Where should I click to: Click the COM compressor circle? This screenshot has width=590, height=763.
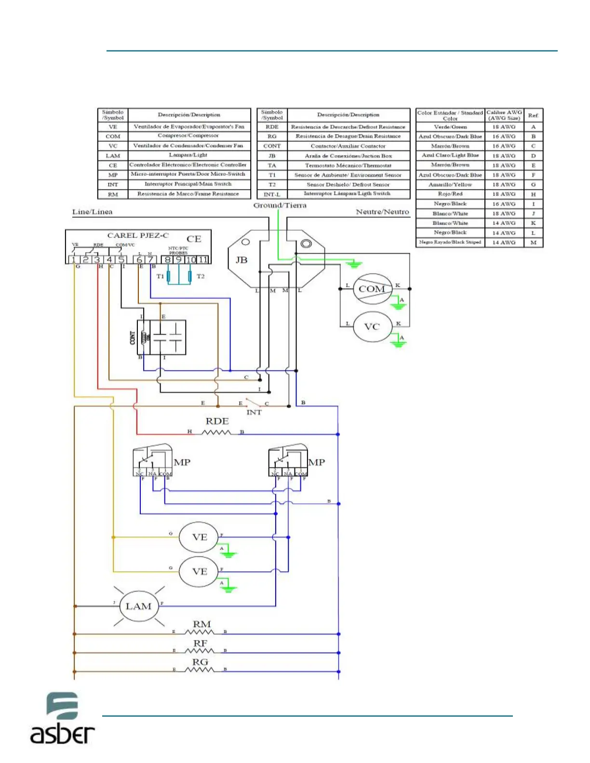coord(372,289)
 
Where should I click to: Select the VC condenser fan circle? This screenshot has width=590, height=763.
coord(372,327)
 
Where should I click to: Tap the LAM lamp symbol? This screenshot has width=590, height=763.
coord(138,606)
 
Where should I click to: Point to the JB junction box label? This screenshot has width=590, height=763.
coord(241,260)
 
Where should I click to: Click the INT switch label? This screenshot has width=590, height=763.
coord(254,412)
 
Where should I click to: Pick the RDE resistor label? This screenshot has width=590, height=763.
coord(217,421)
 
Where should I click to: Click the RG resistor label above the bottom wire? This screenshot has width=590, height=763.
coord(200,662)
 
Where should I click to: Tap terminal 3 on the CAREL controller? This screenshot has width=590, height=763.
coord(97,260)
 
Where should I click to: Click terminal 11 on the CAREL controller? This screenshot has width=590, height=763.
coord(203,260)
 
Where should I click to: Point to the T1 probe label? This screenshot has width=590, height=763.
coord(160,276)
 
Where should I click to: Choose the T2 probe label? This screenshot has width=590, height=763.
coord(201,276)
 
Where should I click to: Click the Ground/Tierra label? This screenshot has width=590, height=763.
coord(280,205)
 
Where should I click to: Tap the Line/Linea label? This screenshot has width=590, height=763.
coord(92,212)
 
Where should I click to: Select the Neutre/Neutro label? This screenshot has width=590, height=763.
coord(382,212)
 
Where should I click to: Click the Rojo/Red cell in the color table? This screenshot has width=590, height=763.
coord(450,194)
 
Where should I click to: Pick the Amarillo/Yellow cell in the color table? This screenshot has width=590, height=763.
coord(450,184)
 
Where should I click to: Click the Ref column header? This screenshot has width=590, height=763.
coord(533,116)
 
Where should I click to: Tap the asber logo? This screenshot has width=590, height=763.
coord(62,718)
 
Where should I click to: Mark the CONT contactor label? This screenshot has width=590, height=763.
coord(133,338)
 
